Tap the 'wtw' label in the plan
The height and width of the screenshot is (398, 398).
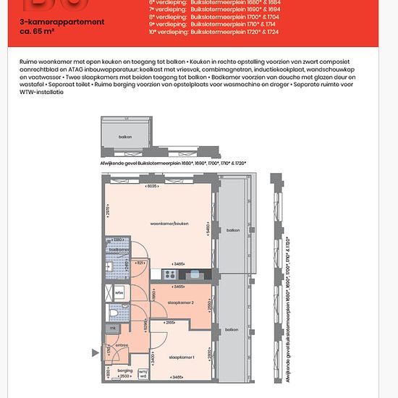[x=119, y=293]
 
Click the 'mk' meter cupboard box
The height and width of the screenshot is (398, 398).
[x=112, y=329]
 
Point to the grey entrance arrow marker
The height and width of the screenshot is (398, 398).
[x=94, y=353]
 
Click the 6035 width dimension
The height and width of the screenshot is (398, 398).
[x=152, y=187]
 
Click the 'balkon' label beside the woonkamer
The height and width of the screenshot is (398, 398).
[x=232, y=230]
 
